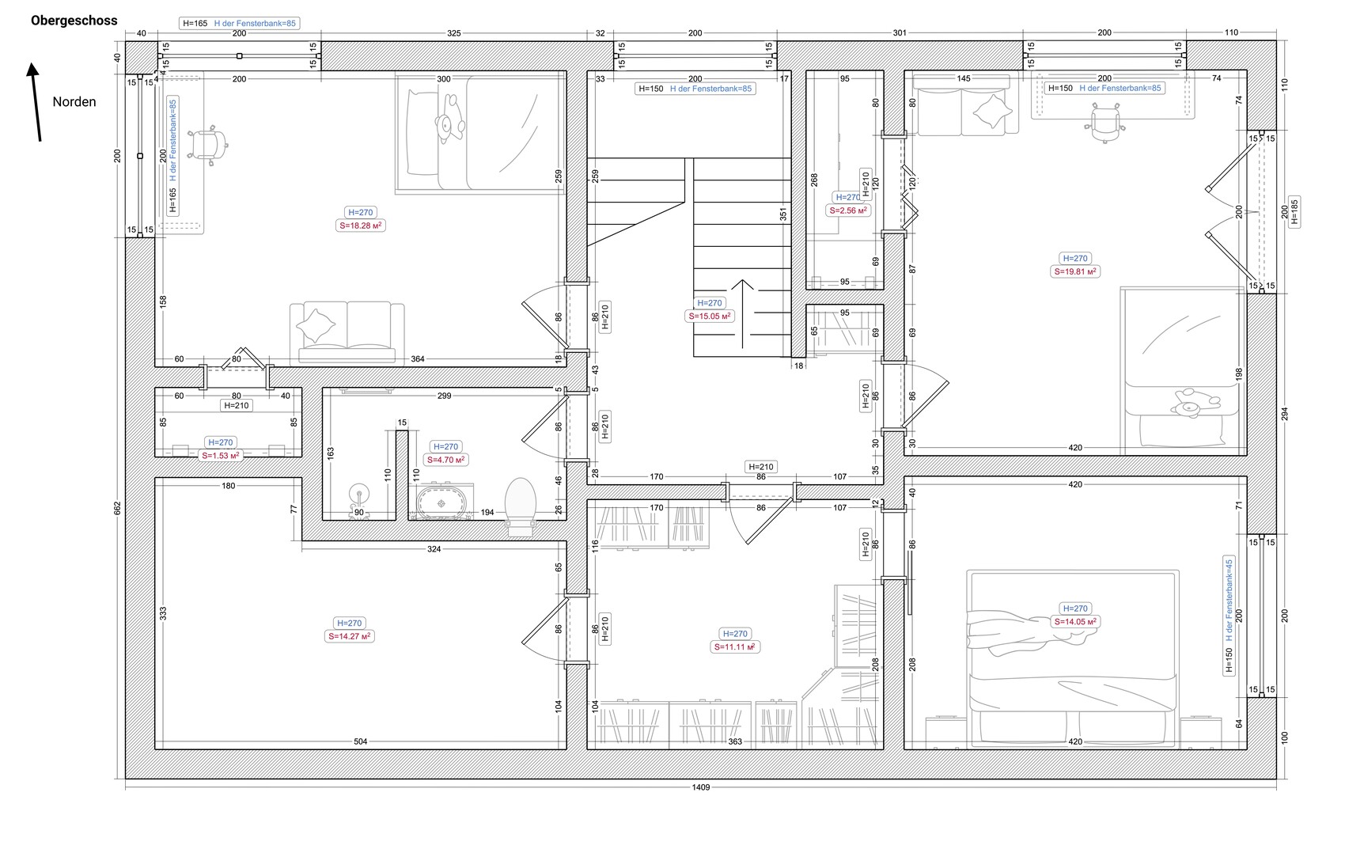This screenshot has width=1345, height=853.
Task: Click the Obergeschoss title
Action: click(74, 21)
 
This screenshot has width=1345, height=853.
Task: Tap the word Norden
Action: click(74, 101)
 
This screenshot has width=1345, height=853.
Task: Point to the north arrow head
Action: click(32, 69)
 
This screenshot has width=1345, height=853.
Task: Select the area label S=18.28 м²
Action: click(360, 226)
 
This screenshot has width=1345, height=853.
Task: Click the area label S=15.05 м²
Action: click(709, 316)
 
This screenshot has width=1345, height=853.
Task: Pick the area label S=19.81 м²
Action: click(1074, 271)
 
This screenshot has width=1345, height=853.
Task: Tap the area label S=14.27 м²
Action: click(349, 636)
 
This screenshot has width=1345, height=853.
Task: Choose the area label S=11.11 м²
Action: click(734, 647)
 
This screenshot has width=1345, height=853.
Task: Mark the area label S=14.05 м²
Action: click(1074, 622)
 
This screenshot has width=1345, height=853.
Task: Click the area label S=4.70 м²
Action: click(445, 460)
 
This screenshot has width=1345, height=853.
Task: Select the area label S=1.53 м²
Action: click(220, 455)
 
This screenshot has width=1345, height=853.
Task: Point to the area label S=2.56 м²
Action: click(848, 210)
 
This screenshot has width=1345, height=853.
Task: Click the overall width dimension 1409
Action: click(701, 787)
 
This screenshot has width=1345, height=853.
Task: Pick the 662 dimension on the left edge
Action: click(117, 508)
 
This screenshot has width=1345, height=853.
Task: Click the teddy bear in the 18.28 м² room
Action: click(449, 120)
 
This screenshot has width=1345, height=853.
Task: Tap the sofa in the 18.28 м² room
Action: click(347, 333)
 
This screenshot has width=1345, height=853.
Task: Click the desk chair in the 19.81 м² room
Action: click(1104, 123)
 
